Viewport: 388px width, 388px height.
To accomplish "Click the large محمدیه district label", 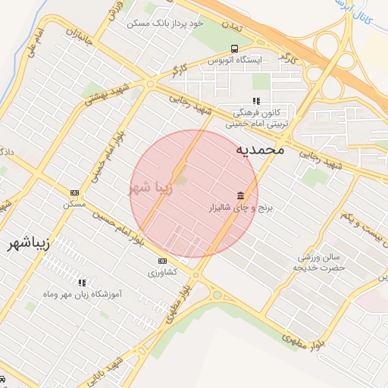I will click(260, 149).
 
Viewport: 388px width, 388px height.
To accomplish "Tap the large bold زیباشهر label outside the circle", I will click(29, 244).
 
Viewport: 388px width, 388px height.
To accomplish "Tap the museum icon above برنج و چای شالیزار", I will click(240, 195).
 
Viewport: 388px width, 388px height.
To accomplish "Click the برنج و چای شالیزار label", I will click(240, 206).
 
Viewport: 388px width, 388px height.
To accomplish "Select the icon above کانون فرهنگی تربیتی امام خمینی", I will click(256, 100).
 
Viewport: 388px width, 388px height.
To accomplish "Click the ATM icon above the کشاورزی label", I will click(161, 261).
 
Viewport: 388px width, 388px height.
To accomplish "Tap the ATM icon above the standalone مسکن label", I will click(74, 193).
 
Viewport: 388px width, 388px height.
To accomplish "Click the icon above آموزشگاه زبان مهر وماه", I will click(82, 283).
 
